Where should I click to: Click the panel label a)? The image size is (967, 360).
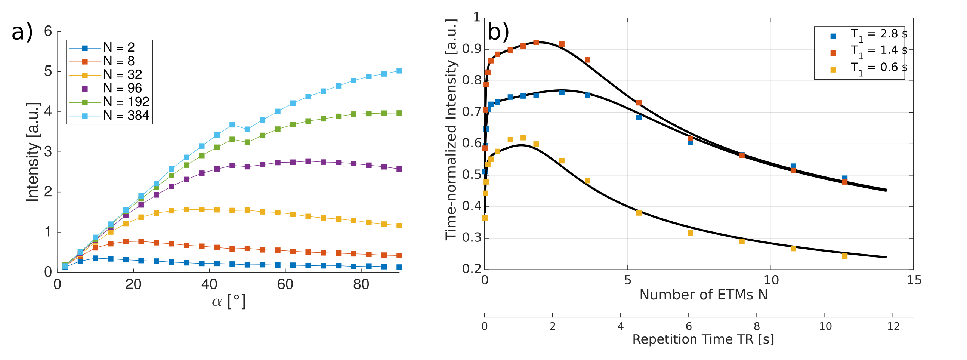22,32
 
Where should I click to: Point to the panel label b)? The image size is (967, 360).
498,31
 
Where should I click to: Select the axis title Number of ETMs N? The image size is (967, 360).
704,295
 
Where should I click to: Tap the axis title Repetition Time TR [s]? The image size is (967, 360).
703,339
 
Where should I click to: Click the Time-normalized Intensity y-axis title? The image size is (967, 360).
451,129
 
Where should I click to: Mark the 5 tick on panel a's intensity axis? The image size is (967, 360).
48,71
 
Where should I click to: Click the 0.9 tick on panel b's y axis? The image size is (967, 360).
472,49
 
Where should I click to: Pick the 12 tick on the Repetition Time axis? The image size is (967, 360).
893,326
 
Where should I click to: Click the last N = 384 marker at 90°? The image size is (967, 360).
399,71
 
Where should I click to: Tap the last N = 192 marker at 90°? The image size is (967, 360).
399,113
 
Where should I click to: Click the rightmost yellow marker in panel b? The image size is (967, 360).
844,256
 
